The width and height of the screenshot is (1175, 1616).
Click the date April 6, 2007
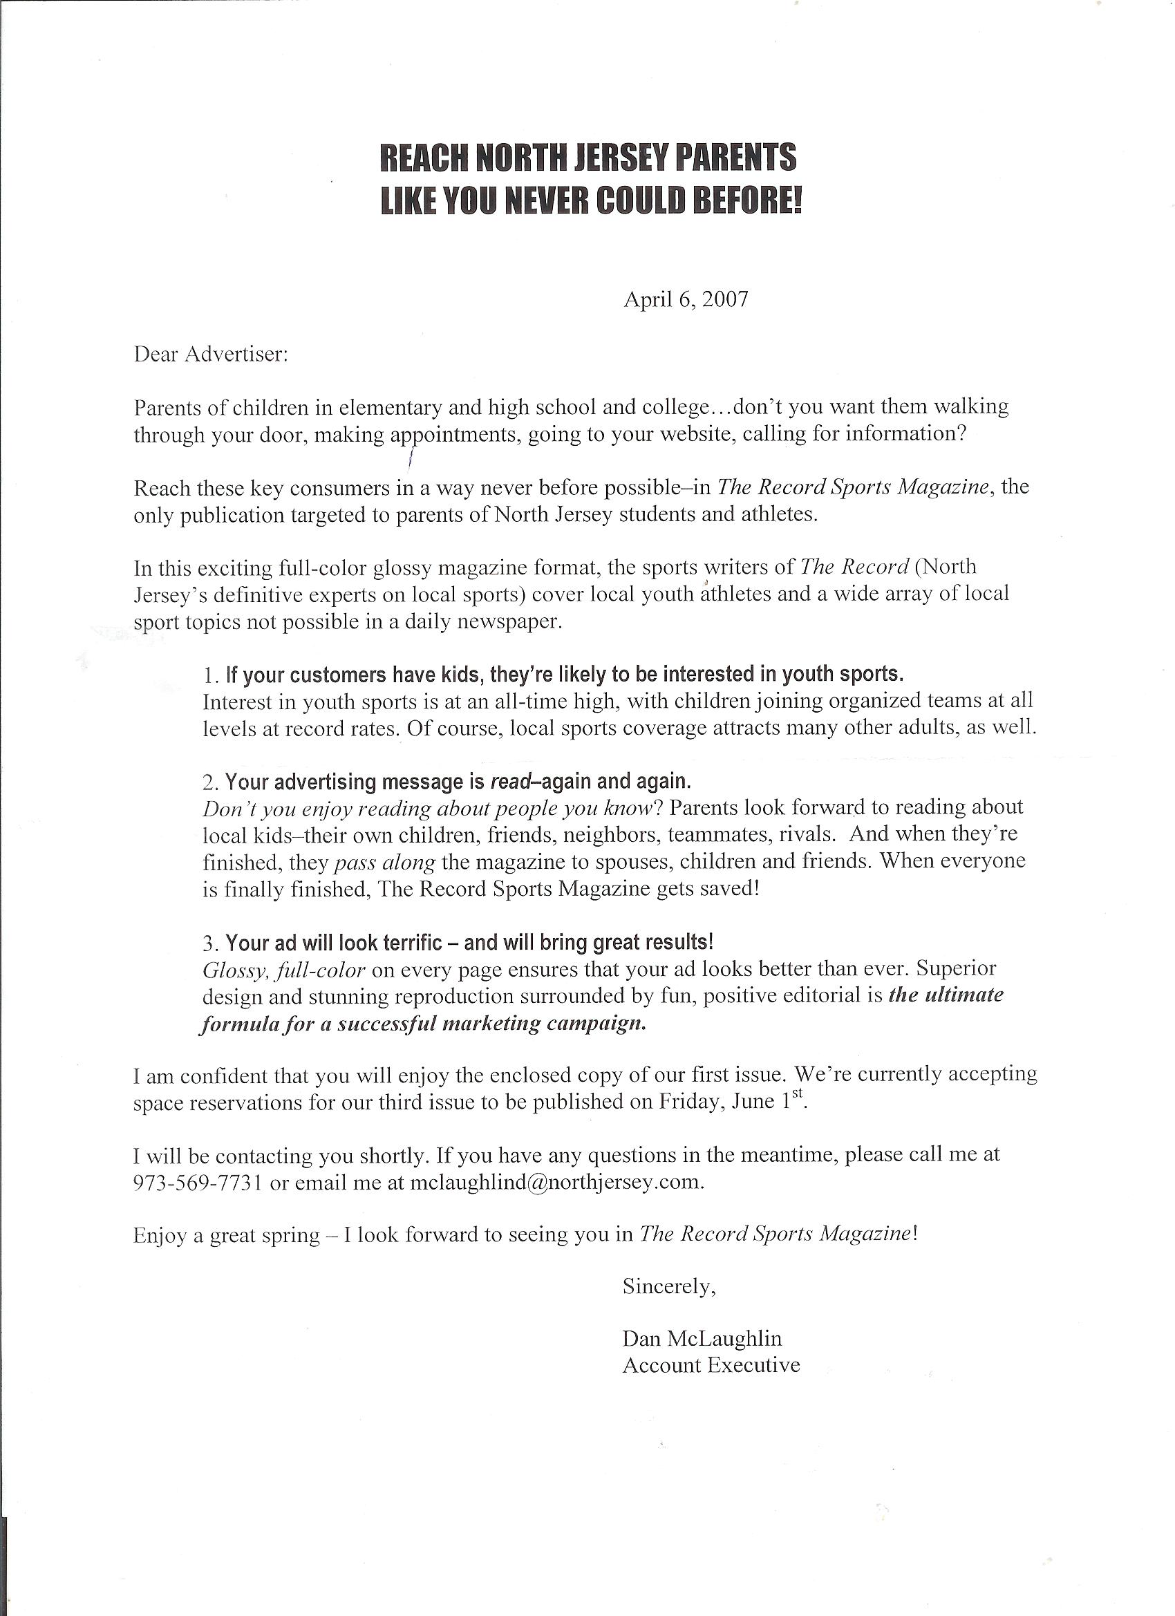click(x=686, y=299)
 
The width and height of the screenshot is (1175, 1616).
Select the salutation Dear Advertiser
click(x=210, y=354)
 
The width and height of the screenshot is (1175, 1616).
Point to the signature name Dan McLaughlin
click(x=702, y=1338)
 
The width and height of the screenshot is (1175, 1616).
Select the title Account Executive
click(x=711, y=1365)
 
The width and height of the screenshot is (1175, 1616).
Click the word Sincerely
click(x=668, y=1286)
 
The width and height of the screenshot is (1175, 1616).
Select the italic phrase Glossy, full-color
click(x=284, y=970)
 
